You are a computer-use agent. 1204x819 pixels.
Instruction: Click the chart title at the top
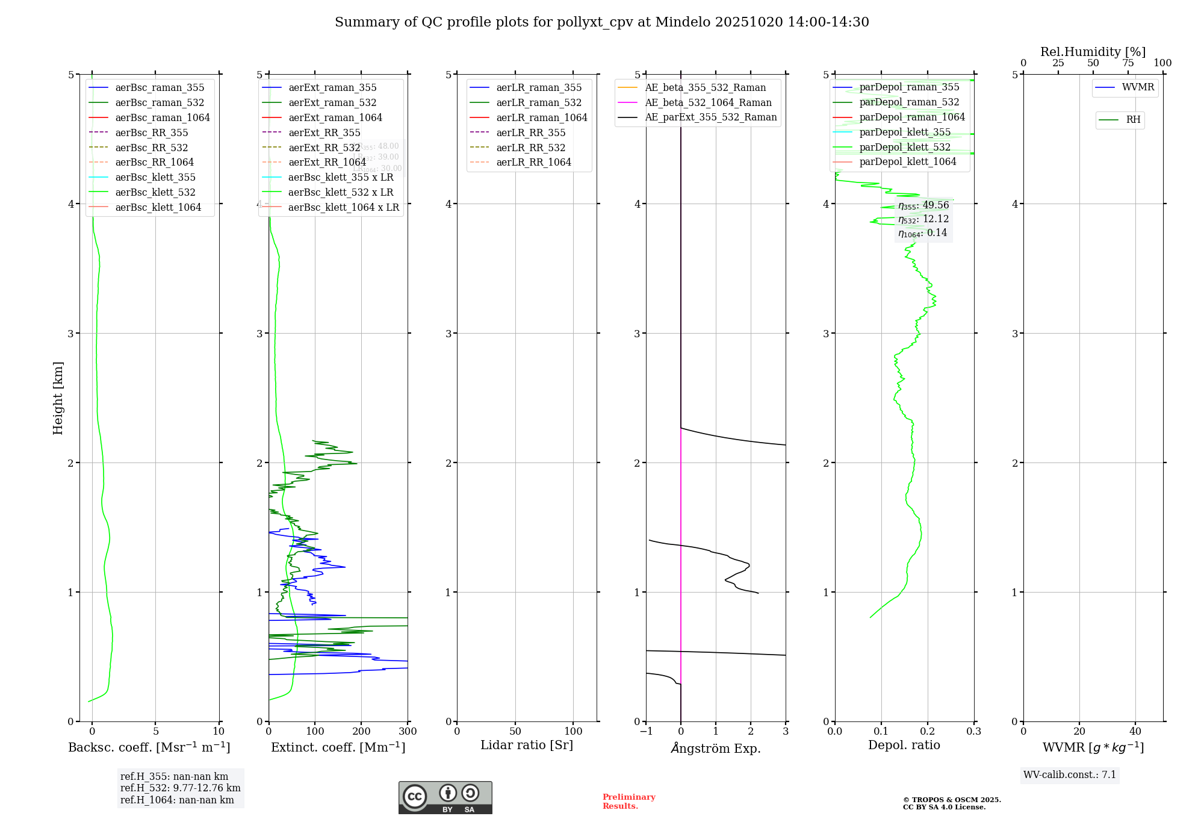pos(601,22)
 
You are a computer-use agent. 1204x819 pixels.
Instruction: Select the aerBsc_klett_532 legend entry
pos(155,192)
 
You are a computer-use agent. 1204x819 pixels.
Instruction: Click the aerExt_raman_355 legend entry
pos(332,88)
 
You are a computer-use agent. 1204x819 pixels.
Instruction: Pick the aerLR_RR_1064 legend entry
pos(533,162)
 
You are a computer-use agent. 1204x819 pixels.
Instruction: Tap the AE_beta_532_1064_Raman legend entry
pos(708,102)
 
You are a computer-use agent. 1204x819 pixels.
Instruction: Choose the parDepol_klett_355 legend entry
pos(905,132)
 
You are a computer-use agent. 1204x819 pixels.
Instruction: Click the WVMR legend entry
pos(1138,87)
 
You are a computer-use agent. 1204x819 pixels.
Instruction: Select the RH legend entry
pos(1133,120)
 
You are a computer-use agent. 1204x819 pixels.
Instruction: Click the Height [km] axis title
pos(58,397)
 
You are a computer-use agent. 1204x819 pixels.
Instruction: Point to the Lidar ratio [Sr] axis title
pos(527,745)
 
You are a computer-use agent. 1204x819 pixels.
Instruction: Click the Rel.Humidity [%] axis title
pos(1093,52)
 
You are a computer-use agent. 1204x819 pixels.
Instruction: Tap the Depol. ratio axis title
pos(904,745)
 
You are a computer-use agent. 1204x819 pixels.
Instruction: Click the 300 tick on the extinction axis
pos(408,732)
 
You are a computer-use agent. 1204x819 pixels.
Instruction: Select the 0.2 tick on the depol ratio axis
pos(928,732)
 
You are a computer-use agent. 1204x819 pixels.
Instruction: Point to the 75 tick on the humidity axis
pos(1128,63)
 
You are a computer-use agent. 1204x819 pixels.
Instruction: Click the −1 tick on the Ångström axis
pos(646,732)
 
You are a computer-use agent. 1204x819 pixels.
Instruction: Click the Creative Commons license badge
pos(445,797)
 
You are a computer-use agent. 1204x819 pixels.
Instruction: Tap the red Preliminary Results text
pos(628,802)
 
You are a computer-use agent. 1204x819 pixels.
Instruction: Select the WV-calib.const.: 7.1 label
pos(1069,775)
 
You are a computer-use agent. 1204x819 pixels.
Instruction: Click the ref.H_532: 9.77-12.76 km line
pos(180,788)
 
